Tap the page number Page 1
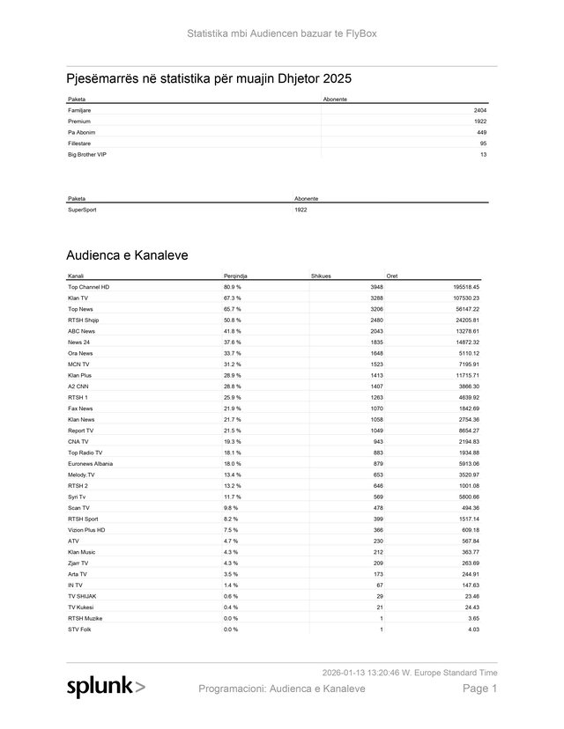(480, 688)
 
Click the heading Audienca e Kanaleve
(127, 255)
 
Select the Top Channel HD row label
(88, 287)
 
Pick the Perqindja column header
(235, 276)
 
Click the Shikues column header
(322, 276)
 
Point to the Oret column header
(392, 276)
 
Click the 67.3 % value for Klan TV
(233, 298)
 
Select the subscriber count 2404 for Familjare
(480, 110)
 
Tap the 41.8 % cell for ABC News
(233, 331)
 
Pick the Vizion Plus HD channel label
(86, 529)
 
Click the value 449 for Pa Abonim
(482, 132)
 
